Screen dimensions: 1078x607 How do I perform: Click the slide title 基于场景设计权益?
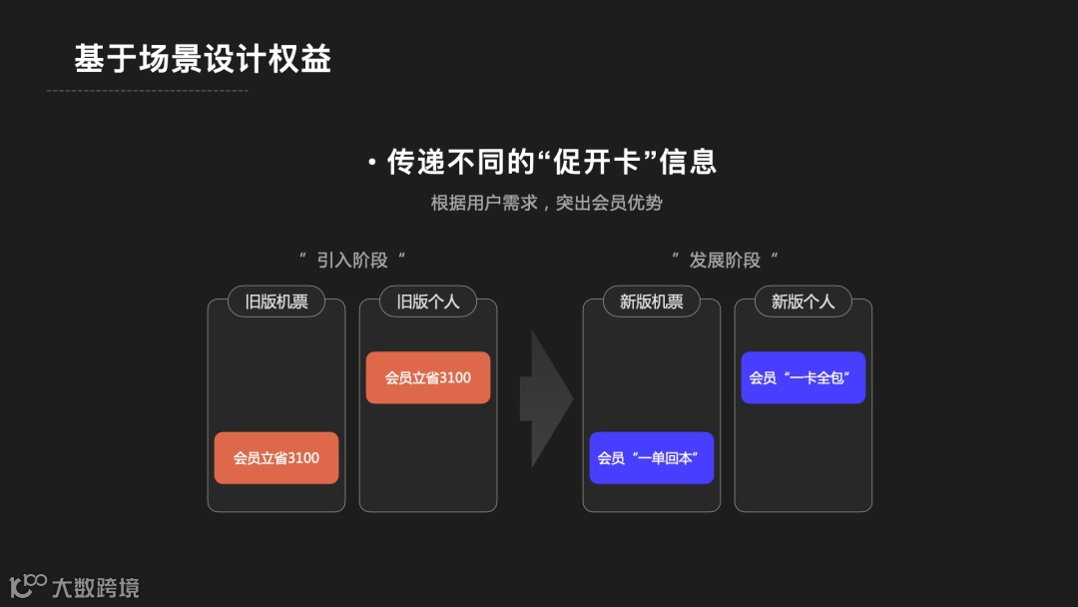[x=202, y=59]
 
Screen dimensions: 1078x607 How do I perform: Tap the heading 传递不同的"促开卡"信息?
[x=551, y=162]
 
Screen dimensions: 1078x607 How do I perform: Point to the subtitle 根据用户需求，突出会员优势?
[x=546, y=203]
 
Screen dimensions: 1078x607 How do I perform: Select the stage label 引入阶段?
[x=352, y=261]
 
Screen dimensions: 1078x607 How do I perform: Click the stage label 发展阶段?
[x=725, y=261]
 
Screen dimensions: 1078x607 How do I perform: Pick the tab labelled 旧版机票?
[x=276, y=302]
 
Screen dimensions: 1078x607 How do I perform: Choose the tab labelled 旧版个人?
[x=428, y=302]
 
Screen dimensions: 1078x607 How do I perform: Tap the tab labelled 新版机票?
[x=652, y=302]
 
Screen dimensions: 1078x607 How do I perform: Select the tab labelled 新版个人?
[x=804, y=302]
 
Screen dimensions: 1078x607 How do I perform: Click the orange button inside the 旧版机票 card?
[x=276, y=458]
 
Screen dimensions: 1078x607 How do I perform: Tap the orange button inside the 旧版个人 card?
[x=428, y=377]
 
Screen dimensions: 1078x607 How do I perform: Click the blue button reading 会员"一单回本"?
[x=652, y=458]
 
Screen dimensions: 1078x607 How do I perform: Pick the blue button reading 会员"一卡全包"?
[x=804, y=377]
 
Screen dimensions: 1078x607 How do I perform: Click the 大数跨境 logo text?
[x=96, y=587]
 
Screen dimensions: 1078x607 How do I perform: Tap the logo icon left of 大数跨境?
[x=28, y=585]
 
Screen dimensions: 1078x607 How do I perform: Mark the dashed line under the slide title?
[x=147, y=91]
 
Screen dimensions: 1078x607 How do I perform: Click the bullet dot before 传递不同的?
[x=371, y=163]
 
